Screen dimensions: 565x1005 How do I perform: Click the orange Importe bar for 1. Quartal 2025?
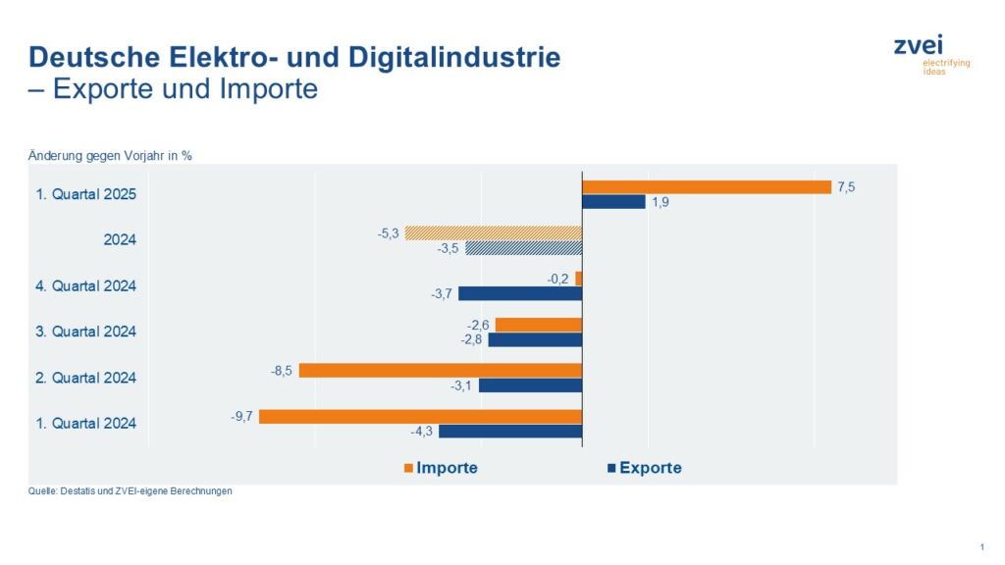(x=707, y=186)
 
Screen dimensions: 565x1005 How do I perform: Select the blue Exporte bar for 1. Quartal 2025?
(x=613, y=202)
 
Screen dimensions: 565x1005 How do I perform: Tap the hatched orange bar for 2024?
(x=494, y=232)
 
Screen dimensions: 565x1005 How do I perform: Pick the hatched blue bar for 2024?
(x=524, y=248)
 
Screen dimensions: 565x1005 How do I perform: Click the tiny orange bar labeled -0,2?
(x=579, y=278)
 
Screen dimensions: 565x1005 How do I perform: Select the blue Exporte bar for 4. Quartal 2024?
(x=520, y=293)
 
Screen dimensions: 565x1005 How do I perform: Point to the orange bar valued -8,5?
(x=441, y=371)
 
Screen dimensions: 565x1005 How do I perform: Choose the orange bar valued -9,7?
(x=420, y=416)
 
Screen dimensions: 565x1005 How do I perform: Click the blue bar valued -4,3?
(x=510, y=432)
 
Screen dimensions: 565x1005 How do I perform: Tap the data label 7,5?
(x=847, y=186)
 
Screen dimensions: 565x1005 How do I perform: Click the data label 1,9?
(x=661, y=202)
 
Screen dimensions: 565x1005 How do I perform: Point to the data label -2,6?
(x=479, y=325)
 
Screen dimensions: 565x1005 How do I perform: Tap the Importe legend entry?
(x=441, y=468)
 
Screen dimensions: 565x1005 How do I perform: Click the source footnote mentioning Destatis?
(x=131, y=491)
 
